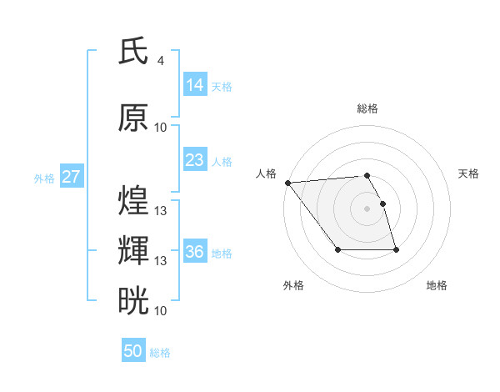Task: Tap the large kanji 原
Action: point(134,118)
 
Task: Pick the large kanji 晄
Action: point(134,299)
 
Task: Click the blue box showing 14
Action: point(195,84)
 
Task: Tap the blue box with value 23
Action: point(195,159)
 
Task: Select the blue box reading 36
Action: point(195,252)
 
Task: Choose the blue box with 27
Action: point(72,177)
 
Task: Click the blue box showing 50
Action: point(133,351)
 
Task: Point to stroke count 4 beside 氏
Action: point(160,61)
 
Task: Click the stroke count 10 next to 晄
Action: point(161,310)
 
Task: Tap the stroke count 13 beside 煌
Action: point(161,211)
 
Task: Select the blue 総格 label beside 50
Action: point(160,353)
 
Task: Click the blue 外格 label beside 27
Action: point(44,178)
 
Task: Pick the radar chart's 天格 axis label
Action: point(469,173)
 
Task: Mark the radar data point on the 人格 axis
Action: point(287,183)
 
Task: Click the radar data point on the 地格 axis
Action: point(396,249)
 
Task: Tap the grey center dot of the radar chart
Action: point(367,209)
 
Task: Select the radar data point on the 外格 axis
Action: point(337,249)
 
